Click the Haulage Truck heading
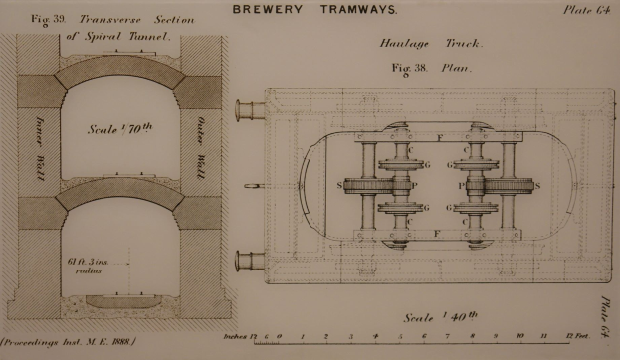tap(431, 45)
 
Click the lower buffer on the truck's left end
tap(248, 263)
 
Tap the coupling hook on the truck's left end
tap(255, 186)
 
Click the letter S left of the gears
tap(341, 185)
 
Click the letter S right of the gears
tap(537, 185)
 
